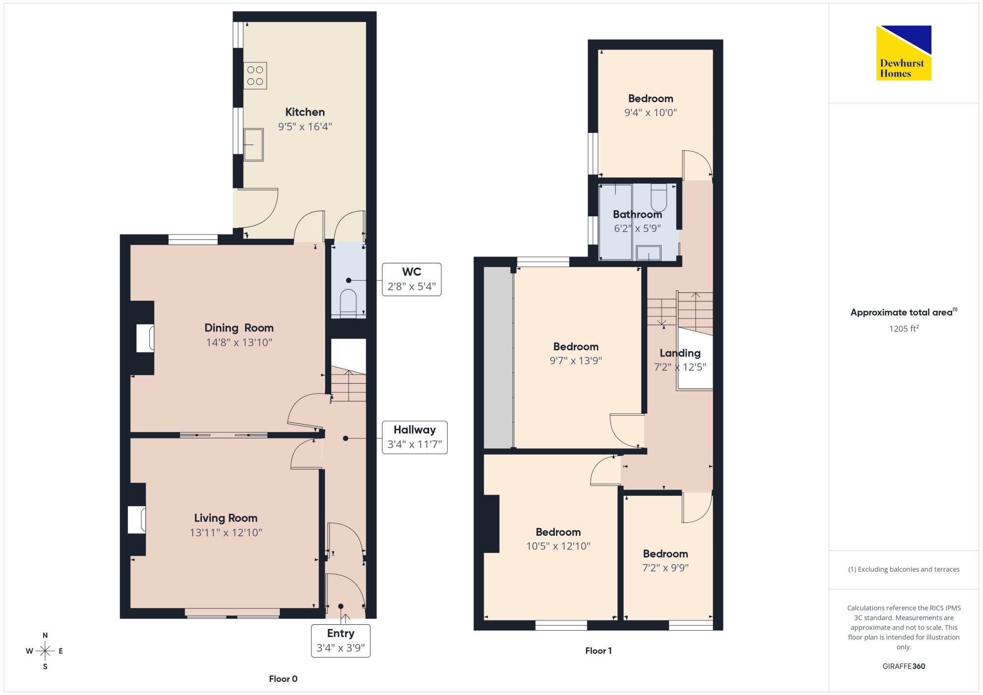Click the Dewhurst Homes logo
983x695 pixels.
click(x=903, y=53)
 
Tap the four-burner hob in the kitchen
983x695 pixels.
click(x=255, y=76)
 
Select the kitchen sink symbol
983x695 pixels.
click(x=254, y=145)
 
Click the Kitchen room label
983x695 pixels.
click(x=305, y=112)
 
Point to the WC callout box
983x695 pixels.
click(x=411, y=279)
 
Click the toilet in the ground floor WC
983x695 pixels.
click(x=348, y=303)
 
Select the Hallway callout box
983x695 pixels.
click(x=414, y=437)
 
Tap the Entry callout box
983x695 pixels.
click(x=341, y=640)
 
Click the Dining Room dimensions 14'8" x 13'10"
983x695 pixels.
click(x=239, y=343)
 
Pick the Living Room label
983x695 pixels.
click(x=226, y=518)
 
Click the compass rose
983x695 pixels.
click(x=45, y=651)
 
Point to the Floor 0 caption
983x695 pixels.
click(x=283, y=679)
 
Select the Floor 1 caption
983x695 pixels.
click(x=598, y=651)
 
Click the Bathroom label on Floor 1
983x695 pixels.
click(x=637, y=215)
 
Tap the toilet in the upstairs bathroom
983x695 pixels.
click(x=659, y=198)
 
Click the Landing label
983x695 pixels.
click(x=680, y=353)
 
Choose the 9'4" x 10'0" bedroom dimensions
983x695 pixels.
click(x=651, y=113)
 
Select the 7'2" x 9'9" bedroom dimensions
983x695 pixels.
click(x=665, y=568)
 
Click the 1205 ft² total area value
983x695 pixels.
click(x=904, y=328)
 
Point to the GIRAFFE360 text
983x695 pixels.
click(x=904, y=666)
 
